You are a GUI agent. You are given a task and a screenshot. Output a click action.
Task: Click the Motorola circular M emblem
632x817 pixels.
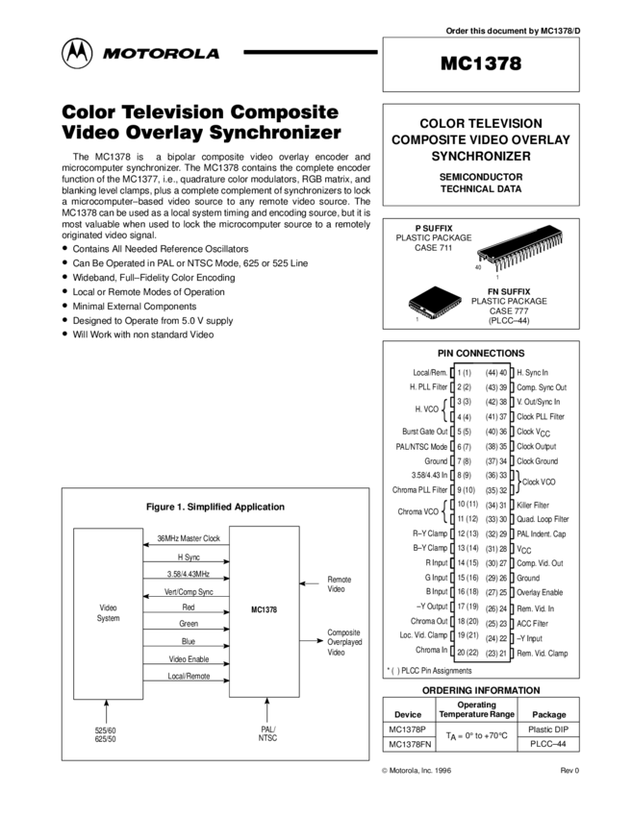(77, 54)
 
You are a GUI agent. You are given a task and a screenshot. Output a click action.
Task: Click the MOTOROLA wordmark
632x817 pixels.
(162, 55)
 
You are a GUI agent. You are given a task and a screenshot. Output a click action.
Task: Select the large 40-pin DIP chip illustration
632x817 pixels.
(520, 251)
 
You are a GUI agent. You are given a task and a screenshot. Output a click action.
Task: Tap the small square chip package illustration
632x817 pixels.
(434, 307)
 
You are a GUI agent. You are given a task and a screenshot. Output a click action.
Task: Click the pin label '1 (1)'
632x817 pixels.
(465, 372)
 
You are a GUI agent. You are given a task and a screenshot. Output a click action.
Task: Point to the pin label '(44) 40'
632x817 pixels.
(496, 372)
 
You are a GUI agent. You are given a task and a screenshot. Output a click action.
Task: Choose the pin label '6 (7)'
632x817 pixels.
(465, 447)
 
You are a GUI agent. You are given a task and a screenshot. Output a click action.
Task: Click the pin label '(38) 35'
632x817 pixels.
(496, 447)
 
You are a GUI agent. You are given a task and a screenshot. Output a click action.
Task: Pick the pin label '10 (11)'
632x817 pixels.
(468, 505)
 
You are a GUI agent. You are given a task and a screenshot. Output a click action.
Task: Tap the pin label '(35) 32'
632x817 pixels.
(496, 490)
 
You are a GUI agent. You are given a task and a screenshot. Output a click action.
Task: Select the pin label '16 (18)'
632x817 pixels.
(468, 593)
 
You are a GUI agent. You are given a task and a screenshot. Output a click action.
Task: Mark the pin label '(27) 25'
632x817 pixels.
(496, 593)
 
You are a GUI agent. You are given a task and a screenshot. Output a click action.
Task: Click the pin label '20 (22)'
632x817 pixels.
(468, 653)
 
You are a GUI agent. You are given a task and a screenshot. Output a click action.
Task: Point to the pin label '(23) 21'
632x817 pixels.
(496, 654)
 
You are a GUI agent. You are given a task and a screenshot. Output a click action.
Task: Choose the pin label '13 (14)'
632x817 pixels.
(468, 548)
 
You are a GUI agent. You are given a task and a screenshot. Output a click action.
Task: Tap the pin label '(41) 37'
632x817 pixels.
(496, 417)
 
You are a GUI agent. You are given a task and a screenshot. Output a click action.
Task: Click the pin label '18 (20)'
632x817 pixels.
(468, 623)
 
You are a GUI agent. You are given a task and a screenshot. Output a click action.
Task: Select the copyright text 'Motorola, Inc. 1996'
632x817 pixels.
(416, 771)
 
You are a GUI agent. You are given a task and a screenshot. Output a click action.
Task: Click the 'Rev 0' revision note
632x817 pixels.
(570, 771)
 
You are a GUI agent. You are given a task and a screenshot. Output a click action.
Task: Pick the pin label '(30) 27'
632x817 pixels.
(496, 563)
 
